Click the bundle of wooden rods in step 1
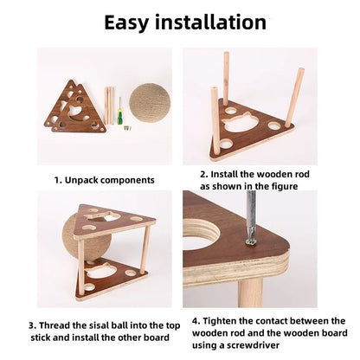tap(109, 104)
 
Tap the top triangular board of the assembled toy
tap(112, 221)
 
